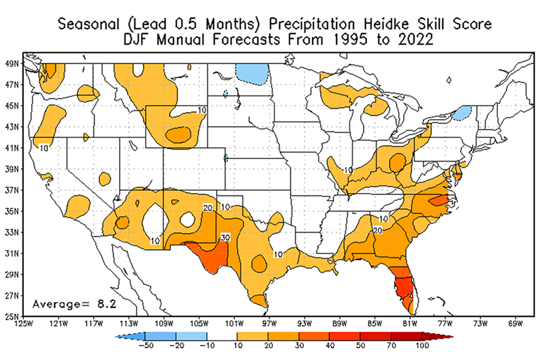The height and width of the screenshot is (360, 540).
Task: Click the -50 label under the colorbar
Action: click(145, 346)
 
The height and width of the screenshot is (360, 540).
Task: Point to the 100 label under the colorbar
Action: click(421, 346)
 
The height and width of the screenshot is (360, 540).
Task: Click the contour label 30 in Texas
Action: click(225, 237)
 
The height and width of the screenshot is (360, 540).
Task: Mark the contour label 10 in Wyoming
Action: click(202, 110)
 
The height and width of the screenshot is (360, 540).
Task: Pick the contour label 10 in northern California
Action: click(44, 147)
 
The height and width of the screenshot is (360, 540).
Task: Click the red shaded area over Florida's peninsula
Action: click(401, 284)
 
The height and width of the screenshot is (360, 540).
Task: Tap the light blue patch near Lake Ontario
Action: click(461, 113)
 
